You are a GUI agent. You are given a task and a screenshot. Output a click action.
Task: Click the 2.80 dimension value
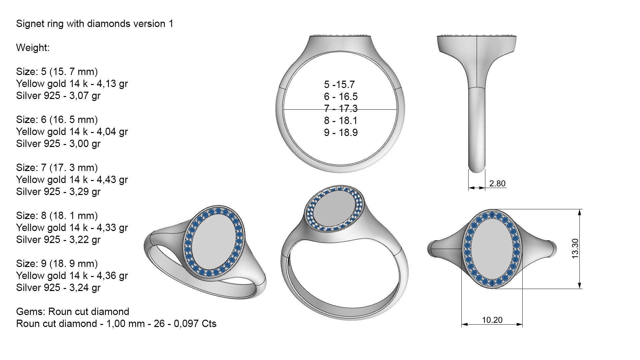[497, 183]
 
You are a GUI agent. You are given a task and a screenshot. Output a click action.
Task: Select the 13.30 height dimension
[575, 249]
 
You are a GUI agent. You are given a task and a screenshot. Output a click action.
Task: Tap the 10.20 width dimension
[492, 320]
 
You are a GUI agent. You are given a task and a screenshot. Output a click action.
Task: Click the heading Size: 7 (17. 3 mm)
[57, 168]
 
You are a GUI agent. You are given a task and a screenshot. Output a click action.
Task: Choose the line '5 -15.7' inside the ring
[339, 85]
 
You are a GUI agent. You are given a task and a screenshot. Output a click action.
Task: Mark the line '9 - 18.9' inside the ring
[341, 133]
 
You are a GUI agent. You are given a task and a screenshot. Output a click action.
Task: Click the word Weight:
[33, 48]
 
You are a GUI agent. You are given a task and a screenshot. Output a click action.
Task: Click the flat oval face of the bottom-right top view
[492, 249]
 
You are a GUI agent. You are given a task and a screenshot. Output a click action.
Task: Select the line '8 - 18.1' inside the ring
[341, 121]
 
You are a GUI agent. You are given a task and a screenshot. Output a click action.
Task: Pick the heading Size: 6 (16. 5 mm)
[57, 120]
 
